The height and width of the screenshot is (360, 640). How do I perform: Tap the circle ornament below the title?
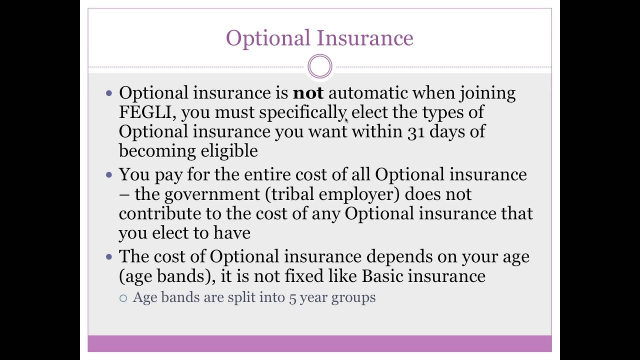tap(320, 66)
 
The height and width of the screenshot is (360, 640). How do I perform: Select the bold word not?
tap(308, 93)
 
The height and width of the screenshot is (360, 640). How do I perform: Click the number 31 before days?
tap(416, 132)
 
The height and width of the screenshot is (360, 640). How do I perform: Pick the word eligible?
tap(229, 151)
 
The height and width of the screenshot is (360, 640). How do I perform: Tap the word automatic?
tap(367, 93)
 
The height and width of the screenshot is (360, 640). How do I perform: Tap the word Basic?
tap(382, 276)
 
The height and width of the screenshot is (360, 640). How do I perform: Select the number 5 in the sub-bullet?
tap(292, 298)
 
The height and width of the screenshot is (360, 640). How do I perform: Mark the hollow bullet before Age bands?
tap(123, 298)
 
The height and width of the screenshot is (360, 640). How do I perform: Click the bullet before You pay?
tap(109, 175)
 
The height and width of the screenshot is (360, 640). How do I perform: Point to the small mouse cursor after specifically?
tap(346, 120)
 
